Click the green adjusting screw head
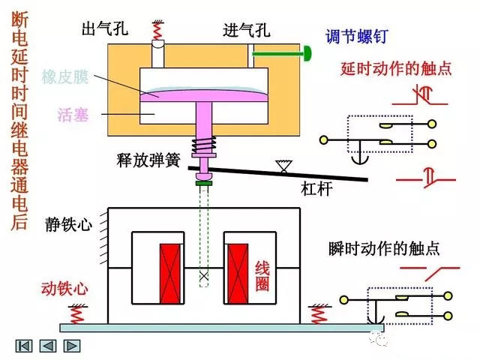pyautogui.click(x=307, y=53)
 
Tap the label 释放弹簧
pyautogui.click(x=146, y=159)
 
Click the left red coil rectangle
pyautogui.click(x=170, y=268)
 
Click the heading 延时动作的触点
pyautogui.click(x=396, y=68)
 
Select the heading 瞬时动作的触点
pyautogui.click(x=384, y=247)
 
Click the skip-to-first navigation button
pyautogui.click(x=24, y=346)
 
